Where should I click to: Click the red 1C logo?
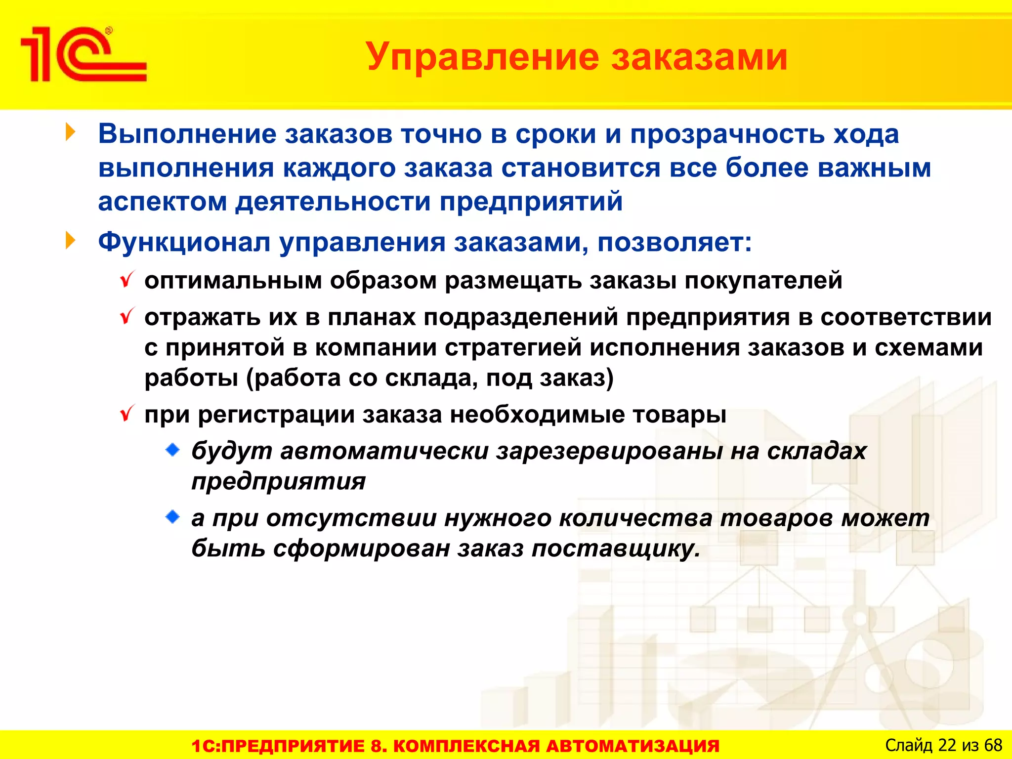coord(83,54)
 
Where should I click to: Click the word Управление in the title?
coord(482,57)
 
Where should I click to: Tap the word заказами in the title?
coord(699,57)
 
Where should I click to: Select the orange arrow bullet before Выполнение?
coord(71,132)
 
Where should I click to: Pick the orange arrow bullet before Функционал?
coord(71,241)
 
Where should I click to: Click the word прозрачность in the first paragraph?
coord(727,134)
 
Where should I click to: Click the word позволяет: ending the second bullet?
coord(675,243)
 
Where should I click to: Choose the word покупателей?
coord(763,281)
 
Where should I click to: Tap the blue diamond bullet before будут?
coord(172,450)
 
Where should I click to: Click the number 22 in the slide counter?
coord(947,745)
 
